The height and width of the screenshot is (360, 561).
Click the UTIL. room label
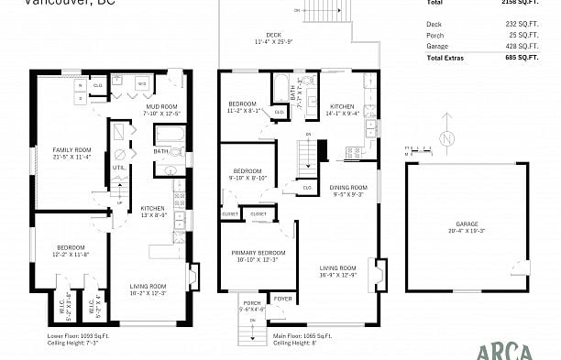[x=118, y=167]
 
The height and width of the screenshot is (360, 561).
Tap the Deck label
[x=273, y=36]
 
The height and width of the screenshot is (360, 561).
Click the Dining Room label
[x=346, y=191]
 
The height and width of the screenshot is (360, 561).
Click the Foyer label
[x=283, y=298]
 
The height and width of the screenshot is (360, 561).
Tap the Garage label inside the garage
[x=467, y=227]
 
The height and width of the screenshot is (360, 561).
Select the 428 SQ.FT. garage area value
[x=522, y=46]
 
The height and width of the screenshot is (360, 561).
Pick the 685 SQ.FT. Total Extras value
[x=522, y=58]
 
